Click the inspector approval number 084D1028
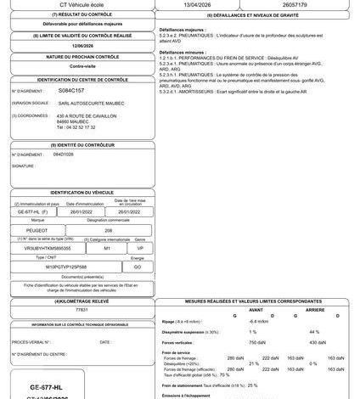pyautogui.click(x=65, y=155)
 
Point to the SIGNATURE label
pyautogui.click(x=23, y=166)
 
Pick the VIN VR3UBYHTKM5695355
pyautogui.click(x=48, y=247)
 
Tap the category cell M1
pyautogui.click(x=107, y=247)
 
